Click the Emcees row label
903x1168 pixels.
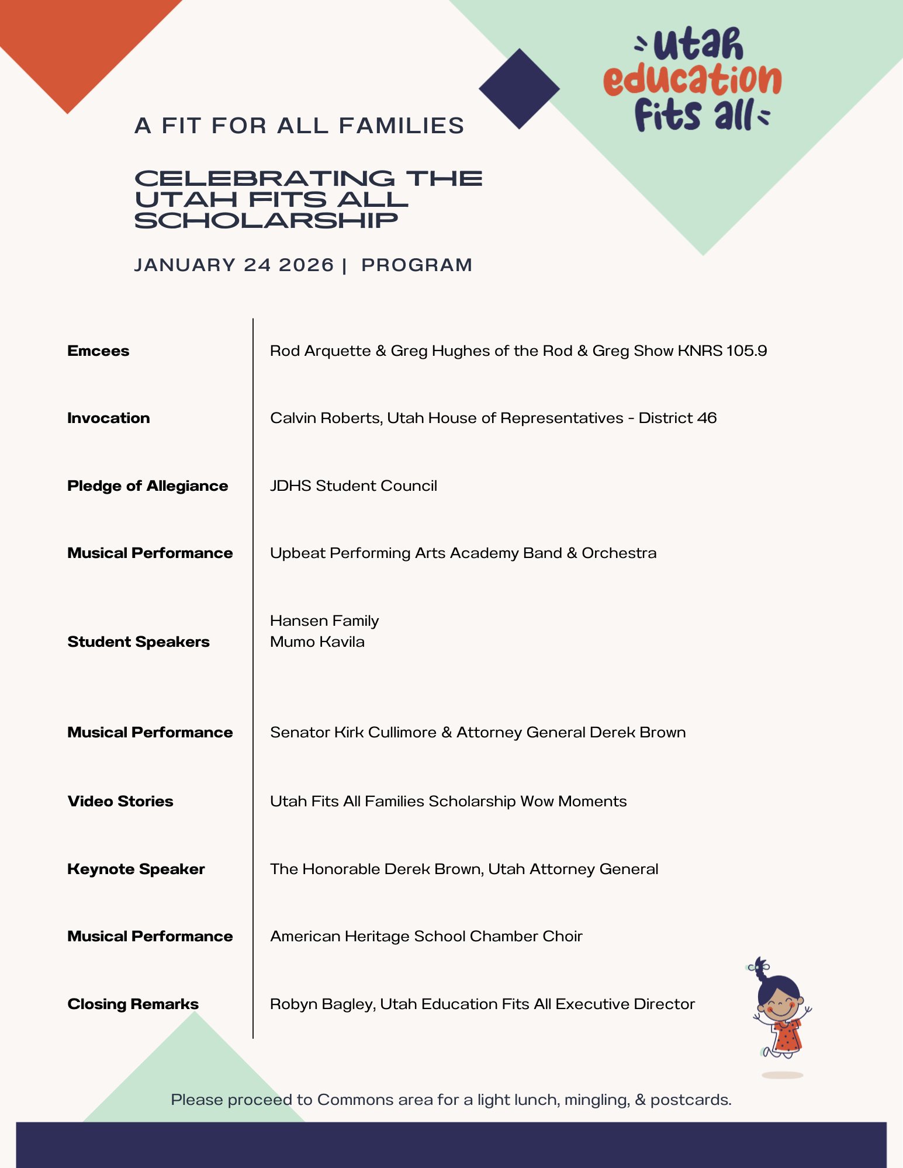98,351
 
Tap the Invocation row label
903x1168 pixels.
109,418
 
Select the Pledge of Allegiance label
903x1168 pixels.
147,486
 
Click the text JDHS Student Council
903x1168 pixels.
354,486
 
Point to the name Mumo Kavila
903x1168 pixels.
317,642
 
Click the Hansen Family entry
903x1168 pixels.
324,621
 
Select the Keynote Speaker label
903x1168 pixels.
136,869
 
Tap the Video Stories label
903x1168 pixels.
120,801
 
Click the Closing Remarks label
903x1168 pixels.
133,1004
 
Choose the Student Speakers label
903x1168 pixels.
139,642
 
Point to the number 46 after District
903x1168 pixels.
707,418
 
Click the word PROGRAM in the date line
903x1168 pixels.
417,265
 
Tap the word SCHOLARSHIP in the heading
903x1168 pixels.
267,221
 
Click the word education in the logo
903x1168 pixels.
693,81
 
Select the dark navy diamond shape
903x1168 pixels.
519,89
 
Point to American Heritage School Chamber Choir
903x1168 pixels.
426,936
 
